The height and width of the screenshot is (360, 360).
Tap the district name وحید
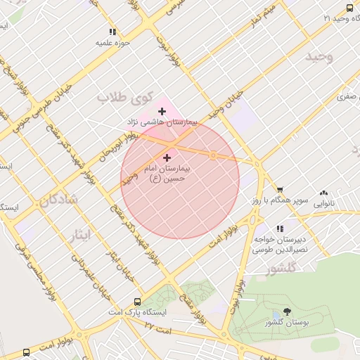point(319,56)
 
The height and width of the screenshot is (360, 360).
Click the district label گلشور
point(283,269)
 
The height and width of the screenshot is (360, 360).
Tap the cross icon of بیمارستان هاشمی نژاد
point(162,111)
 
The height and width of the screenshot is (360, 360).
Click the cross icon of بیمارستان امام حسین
point(167,158)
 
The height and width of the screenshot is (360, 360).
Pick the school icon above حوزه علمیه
point(112,32)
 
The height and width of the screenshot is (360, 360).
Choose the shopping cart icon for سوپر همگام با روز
point(280,190)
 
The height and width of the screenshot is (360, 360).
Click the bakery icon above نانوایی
point(323,192)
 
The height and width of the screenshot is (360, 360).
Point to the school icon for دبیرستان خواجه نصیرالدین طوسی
point(280,229)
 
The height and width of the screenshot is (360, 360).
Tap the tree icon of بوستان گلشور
point(288,311)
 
